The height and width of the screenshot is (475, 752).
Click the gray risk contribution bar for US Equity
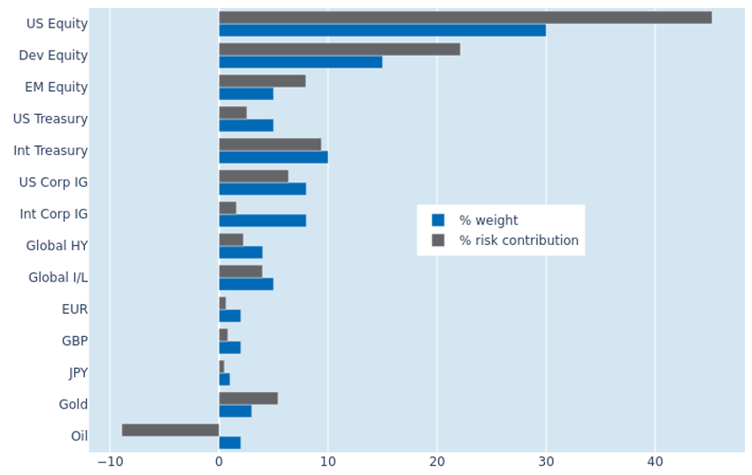pos(465,18)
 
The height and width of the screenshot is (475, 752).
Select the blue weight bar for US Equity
pos(382,30)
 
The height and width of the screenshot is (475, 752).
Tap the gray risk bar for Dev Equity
pos(340,50)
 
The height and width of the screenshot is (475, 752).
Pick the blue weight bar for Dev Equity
pos(301,62)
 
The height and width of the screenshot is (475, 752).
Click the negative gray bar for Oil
pos(170,430)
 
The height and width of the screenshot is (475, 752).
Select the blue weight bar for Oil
pos(230,443)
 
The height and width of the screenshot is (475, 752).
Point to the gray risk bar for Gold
pos(249,398)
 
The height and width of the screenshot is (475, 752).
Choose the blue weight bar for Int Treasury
pos(273,157)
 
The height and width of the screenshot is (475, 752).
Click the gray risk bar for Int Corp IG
pos(227,208)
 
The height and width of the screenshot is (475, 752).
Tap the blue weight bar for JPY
pos(225,379)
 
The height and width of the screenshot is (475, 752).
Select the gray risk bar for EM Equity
pos(263,81)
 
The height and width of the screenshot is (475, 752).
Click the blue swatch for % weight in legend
pos(438,220)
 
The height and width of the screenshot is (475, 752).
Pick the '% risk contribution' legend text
pos(519,240)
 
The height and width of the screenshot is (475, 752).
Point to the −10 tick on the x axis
pos(111,462)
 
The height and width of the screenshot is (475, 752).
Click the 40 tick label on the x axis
pos(655,462)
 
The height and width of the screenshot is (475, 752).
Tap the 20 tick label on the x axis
pos(437,462)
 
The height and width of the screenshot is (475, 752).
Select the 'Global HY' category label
pos(58,246)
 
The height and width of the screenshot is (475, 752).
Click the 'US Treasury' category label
pos(50,119)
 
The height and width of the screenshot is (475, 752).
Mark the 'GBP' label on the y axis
pos(75,341)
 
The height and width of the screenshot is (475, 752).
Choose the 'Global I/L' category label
pos(58,278)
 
